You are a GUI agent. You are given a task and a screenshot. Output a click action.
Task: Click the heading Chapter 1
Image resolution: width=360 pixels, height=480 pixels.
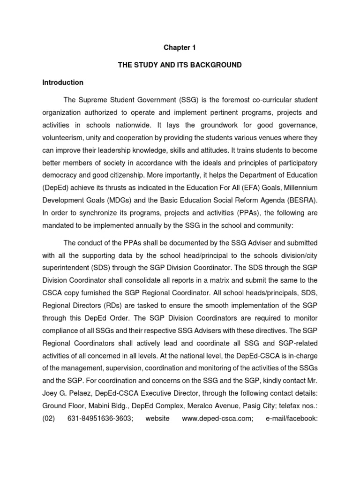pos(180,47)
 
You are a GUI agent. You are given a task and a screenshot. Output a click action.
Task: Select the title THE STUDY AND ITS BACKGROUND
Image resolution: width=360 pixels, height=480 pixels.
pos(180,65)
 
